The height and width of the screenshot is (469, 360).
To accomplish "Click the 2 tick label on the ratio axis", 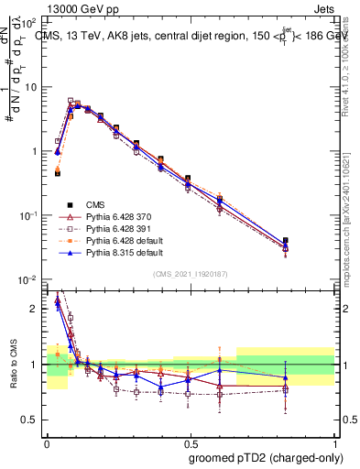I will point(36,309).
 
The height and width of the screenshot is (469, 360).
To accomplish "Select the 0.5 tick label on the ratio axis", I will point(32,420).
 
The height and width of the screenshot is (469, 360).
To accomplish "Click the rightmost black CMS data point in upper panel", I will point(311,241).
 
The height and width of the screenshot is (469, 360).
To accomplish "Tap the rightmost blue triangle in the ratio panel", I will point(311,377).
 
